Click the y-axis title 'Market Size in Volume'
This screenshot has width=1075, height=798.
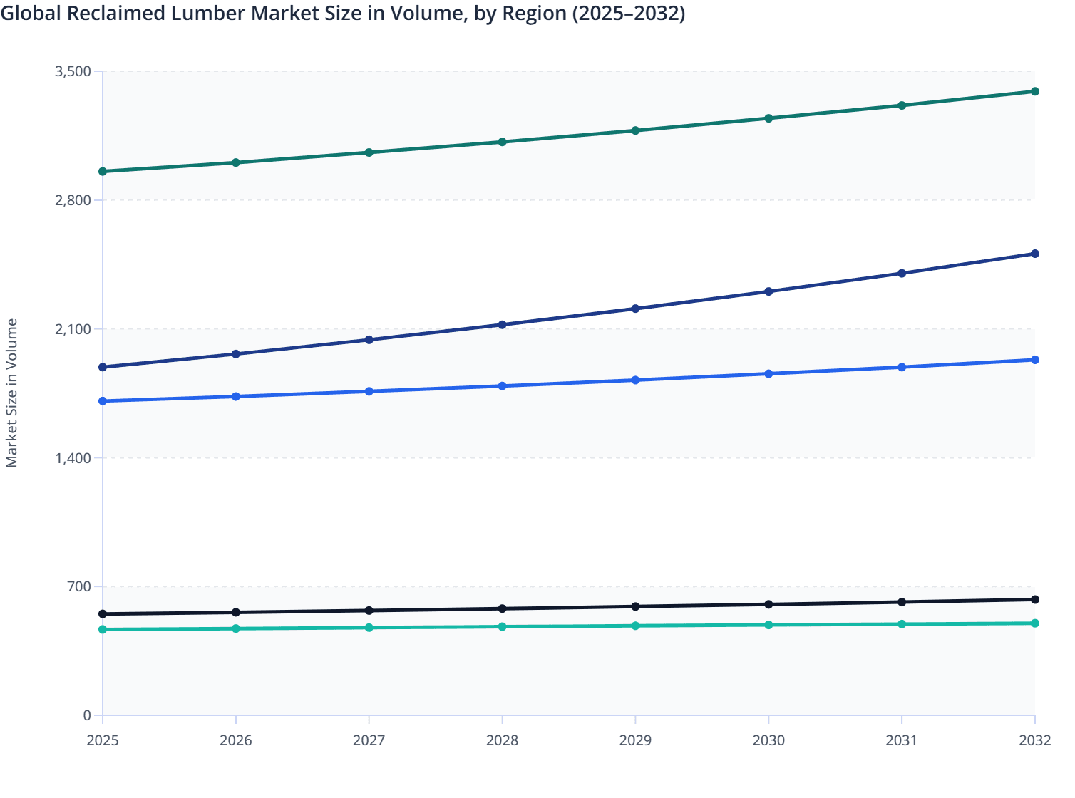point(11,393)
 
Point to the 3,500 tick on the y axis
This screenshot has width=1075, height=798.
point(73,71)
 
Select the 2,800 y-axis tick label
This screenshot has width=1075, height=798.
point(73,200)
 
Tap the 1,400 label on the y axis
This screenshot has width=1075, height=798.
point(73,457)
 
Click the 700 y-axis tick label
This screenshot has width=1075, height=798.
point(79,586)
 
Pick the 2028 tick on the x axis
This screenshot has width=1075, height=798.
point(502,740)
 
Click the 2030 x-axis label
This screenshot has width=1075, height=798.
point(768,740)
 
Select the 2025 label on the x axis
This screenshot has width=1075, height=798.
point(103,740)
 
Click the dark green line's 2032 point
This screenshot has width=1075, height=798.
point(1035,91)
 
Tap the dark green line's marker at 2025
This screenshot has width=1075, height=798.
point(103,172)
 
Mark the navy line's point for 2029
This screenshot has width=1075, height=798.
point(635,309)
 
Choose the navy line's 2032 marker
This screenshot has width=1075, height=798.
point(1035,254)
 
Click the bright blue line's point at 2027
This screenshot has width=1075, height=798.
point(369,391)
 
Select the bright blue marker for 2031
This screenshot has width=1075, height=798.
point(902,367)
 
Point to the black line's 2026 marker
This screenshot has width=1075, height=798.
point(236,612)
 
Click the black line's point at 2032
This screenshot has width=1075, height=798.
point(1035,600)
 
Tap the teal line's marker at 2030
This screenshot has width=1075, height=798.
point(768,625)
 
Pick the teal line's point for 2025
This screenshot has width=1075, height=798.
point(103,629)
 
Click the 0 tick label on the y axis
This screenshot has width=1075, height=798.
point(87,715)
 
